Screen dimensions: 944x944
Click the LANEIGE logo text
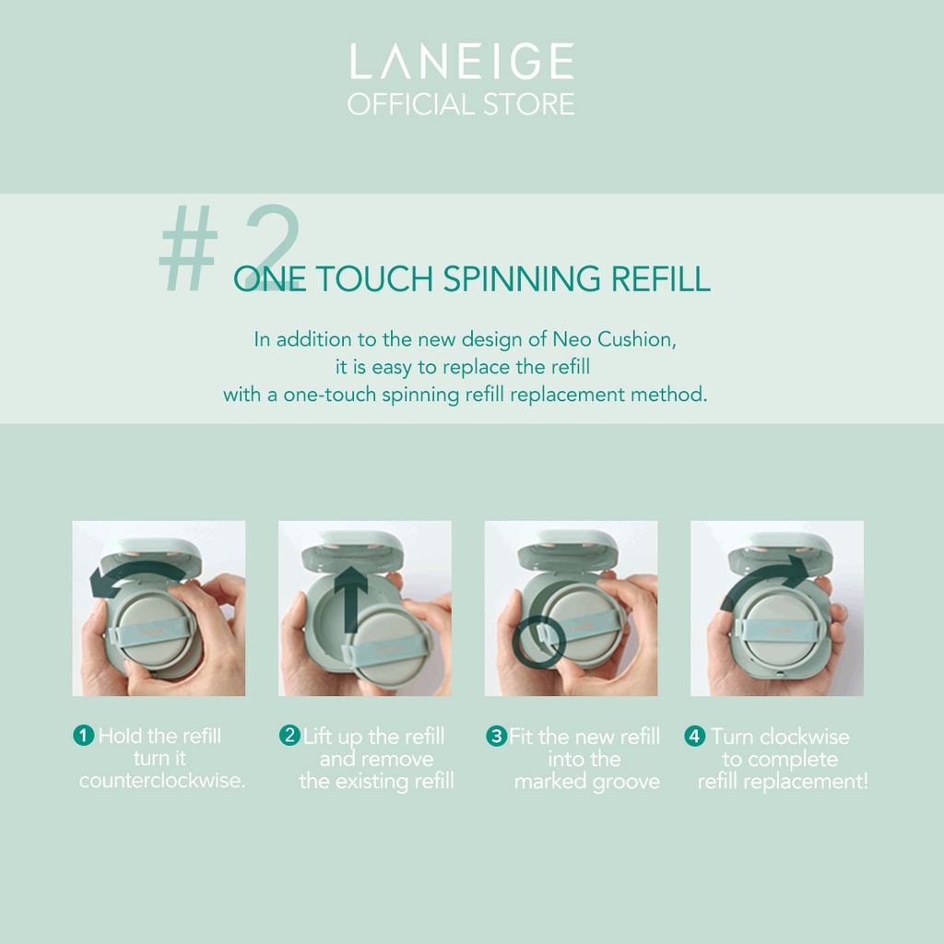(x=462, y=61)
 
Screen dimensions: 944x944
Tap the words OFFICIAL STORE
(x=461, y=104)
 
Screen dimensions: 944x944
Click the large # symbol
(x=188, y=248)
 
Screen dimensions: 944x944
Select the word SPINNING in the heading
(x=522, y=278)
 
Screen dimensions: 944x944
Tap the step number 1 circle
(x=84, y=735)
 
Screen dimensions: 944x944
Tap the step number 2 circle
(x=289, y=735)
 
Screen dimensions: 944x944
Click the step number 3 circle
(x=497, y=736)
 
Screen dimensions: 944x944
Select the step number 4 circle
(x=695, y=736)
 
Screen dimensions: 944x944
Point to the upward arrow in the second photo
(x=350, y=599)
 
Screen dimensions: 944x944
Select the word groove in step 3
(x=626, y=782)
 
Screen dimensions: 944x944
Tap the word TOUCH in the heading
(x=374, y=278)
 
